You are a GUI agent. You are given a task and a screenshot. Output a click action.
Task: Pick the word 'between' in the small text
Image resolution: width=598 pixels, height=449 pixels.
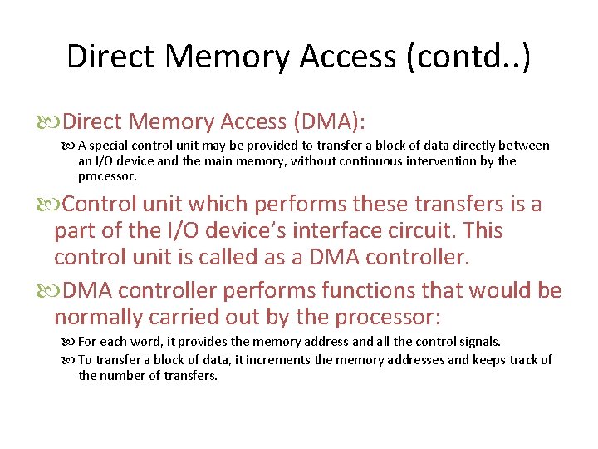[x=522, y=146]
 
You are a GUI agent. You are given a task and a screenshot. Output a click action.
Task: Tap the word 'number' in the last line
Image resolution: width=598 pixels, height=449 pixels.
[x=121, y=376]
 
